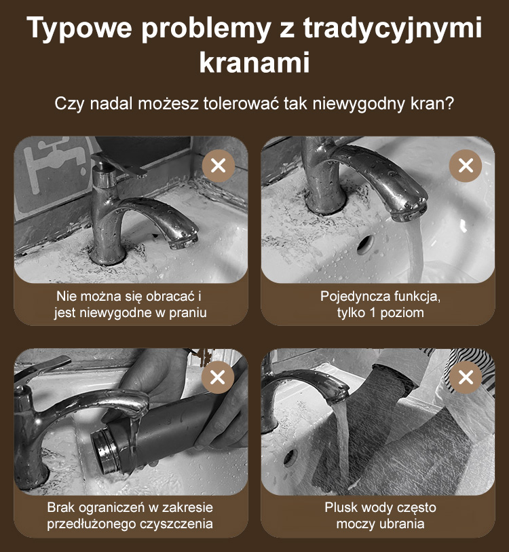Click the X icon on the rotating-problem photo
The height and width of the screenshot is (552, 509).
(218, 166)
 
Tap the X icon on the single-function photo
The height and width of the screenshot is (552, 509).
(466, 166)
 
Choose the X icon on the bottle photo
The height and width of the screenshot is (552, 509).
(218, 377)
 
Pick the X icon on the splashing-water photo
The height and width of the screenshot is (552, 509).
(466, 377)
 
